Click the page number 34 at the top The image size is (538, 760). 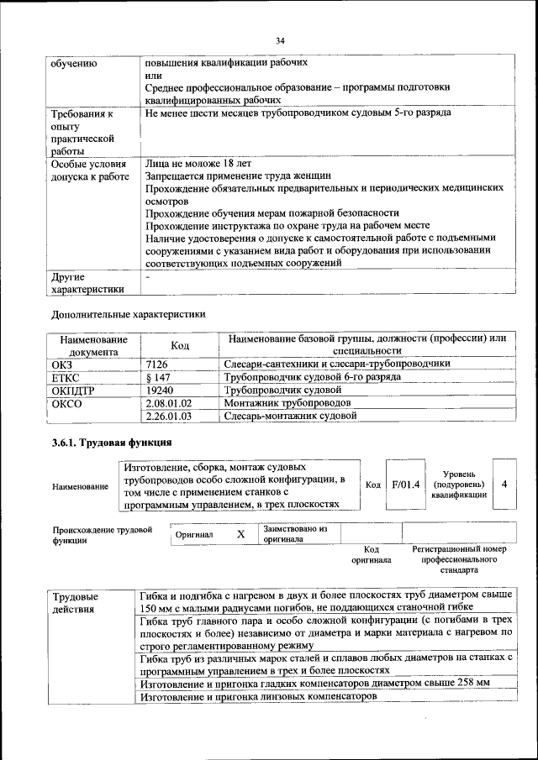click(x=281, y=40)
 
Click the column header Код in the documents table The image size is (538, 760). click(x=180, y=344)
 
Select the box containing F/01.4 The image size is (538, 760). click(x=405, y=485)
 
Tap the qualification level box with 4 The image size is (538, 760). click(x=504, y=485)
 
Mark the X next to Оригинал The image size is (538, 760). click(x=240, y=534)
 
